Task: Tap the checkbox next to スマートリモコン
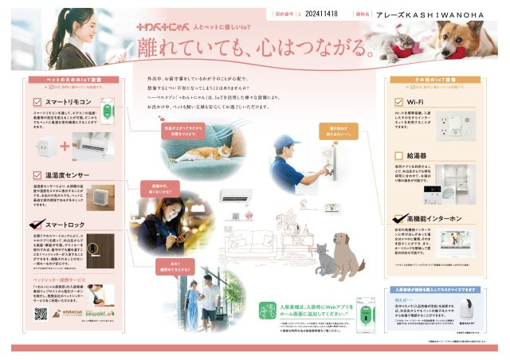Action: pyautogui.click(x=38, y=103)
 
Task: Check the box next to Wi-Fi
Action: pyautogui.click(x=400, y=103)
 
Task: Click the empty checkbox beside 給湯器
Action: pyautogui.click(x=400, y=155)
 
